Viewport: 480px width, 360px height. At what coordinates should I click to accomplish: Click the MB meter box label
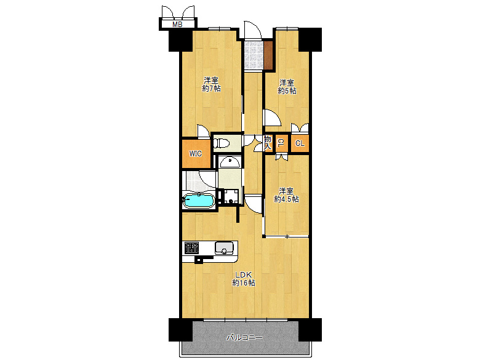click(177, 25)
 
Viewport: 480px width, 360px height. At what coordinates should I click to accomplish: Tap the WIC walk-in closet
click(196, 154)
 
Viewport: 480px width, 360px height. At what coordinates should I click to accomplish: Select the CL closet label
click(300, 143)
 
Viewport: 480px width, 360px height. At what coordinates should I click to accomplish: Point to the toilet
click(222, 143)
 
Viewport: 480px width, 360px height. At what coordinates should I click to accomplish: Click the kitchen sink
click(224, 248)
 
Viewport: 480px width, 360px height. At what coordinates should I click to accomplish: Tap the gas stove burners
click(191, 247)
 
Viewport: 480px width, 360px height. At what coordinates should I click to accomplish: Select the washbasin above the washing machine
click(230, 162)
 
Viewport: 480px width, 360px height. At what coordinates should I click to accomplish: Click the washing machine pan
click(231, 196)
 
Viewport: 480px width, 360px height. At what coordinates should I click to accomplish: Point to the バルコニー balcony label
click(244, 338)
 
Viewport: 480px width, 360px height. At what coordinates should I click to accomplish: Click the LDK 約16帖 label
click(244, 279)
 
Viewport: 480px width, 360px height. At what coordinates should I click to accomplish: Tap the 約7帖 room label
click(211, 85)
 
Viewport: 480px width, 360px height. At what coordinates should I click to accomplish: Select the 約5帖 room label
click(287, 87)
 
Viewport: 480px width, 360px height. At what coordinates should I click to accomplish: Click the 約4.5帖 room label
click(286, 195)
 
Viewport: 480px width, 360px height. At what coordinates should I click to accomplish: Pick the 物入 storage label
click(268, 143)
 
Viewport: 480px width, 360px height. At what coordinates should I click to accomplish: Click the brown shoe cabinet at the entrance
click(268, 55)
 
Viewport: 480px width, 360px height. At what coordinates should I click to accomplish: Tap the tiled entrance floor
click(254, 55)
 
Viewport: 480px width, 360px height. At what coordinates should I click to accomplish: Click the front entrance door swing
click(253, 30)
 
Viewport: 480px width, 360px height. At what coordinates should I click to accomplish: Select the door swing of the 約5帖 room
click(272, 117)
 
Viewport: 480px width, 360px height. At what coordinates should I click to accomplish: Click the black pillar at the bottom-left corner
click(180, 330)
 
